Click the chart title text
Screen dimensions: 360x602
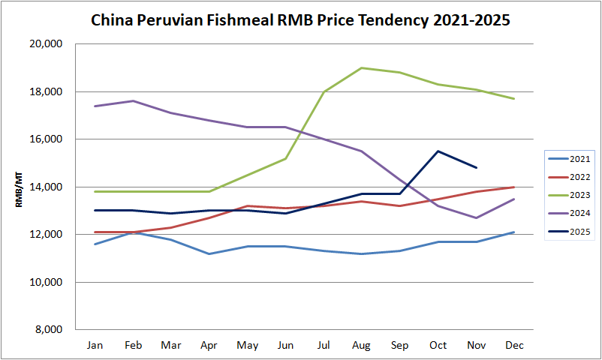pos(300,20)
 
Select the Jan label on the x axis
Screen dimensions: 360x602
pos(95,345)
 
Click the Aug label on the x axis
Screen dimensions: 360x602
pos(362,345)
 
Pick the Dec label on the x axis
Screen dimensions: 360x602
pos(514,345)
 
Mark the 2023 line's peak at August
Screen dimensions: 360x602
pos(362,67)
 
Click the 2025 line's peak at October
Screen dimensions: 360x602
pos(438,151)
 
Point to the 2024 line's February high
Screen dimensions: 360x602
pos(133,100)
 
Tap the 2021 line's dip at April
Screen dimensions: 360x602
pos(209,253)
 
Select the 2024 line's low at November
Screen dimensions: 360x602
pos(476,217)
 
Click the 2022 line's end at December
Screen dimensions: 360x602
pos(514,187)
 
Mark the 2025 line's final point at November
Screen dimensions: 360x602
pos(476,167)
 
